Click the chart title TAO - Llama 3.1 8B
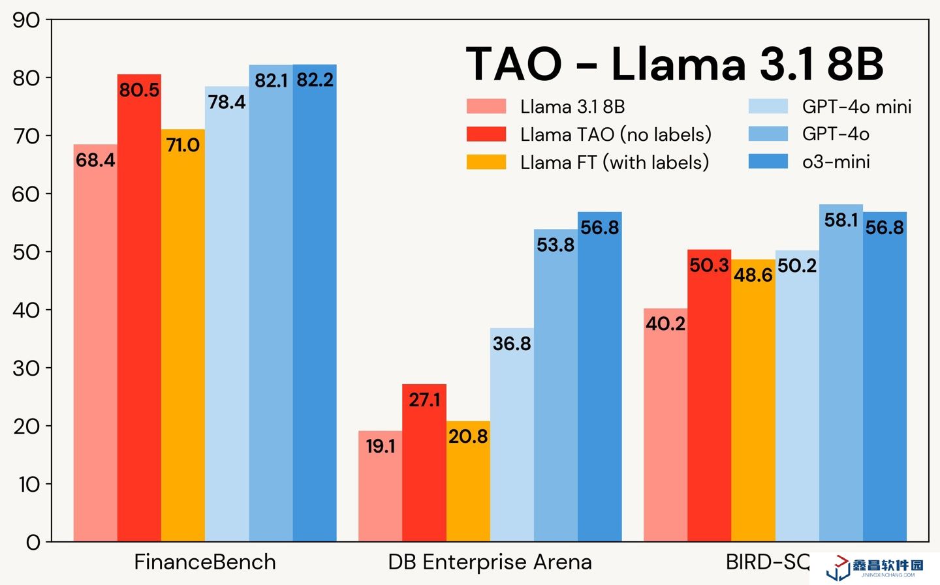coord(674,64)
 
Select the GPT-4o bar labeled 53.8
coord(556,385)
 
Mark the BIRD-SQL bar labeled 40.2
coord(665,425)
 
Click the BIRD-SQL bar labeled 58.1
coord(841,372)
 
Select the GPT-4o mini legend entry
coord(830,106)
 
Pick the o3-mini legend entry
coord(809,162)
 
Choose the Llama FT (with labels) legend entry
coord(587,162)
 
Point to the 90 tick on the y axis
coord(26,20)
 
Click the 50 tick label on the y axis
coord(26,252)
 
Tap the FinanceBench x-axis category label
coord(205,562)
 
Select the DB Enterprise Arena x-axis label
coord(490,562)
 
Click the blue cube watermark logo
coord(838,569)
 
